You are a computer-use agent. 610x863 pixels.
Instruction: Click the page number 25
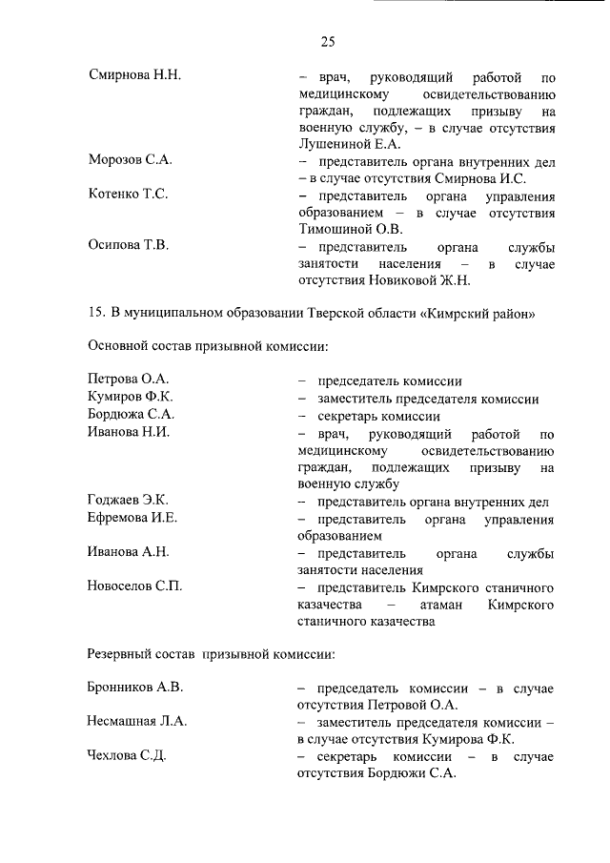(327, 41)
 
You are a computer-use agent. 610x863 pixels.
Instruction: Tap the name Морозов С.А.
(130, 159)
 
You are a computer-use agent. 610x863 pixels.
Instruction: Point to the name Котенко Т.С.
(128, 194)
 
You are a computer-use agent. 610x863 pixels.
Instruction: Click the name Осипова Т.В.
(129, 246)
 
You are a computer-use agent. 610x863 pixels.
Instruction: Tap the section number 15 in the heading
(95, 312)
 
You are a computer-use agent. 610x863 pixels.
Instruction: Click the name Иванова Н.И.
(129, 433)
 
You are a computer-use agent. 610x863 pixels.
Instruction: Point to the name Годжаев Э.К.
(128, 501)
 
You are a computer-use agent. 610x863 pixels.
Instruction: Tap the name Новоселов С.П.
(134, 586)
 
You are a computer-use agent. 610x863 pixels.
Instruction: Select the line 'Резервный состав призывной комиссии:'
(211, 654)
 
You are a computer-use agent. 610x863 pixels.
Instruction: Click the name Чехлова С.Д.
(128, 756)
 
